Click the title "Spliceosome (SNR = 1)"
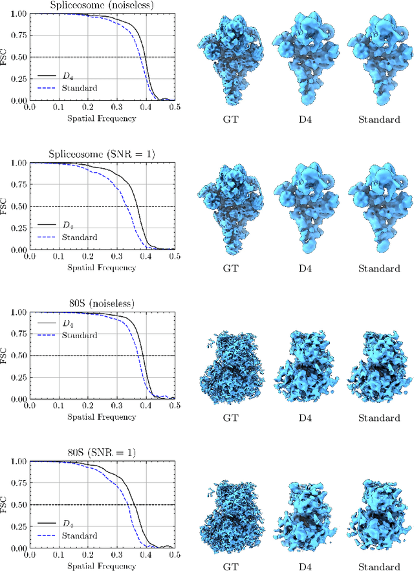click(102, 155)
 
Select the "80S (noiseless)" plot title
click(102, 304)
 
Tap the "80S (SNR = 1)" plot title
click(102, 453)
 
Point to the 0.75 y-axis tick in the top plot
click(19, 36)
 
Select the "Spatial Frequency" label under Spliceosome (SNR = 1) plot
click(102, 268)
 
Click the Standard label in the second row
click(379, 268)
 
